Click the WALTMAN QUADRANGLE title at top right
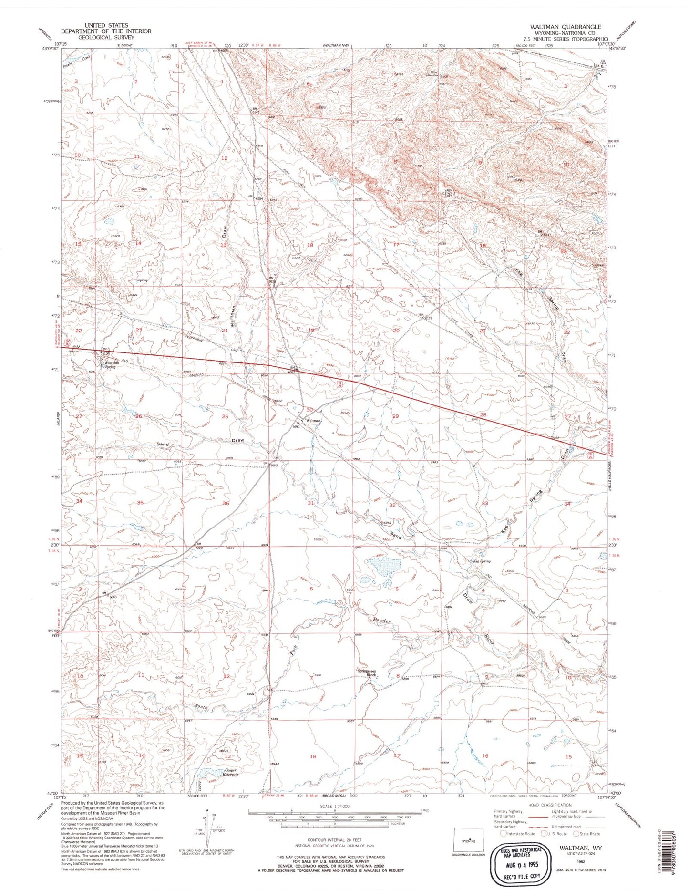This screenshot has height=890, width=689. click(x=568, y=27)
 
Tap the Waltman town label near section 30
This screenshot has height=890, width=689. click(x=313, y=421)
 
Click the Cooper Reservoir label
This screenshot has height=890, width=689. click(x=226, y=772)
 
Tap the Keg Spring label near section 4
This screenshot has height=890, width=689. click(x=481, y=561)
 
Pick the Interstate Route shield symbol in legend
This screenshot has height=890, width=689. click(x=504, y=834)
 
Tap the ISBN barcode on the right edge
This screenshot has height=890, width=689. click(x=681, y=844)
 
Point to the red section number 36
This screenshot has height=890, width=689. click(x=226, y=503)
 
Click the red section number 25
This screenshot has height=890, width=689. click(x=225, y=417)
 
